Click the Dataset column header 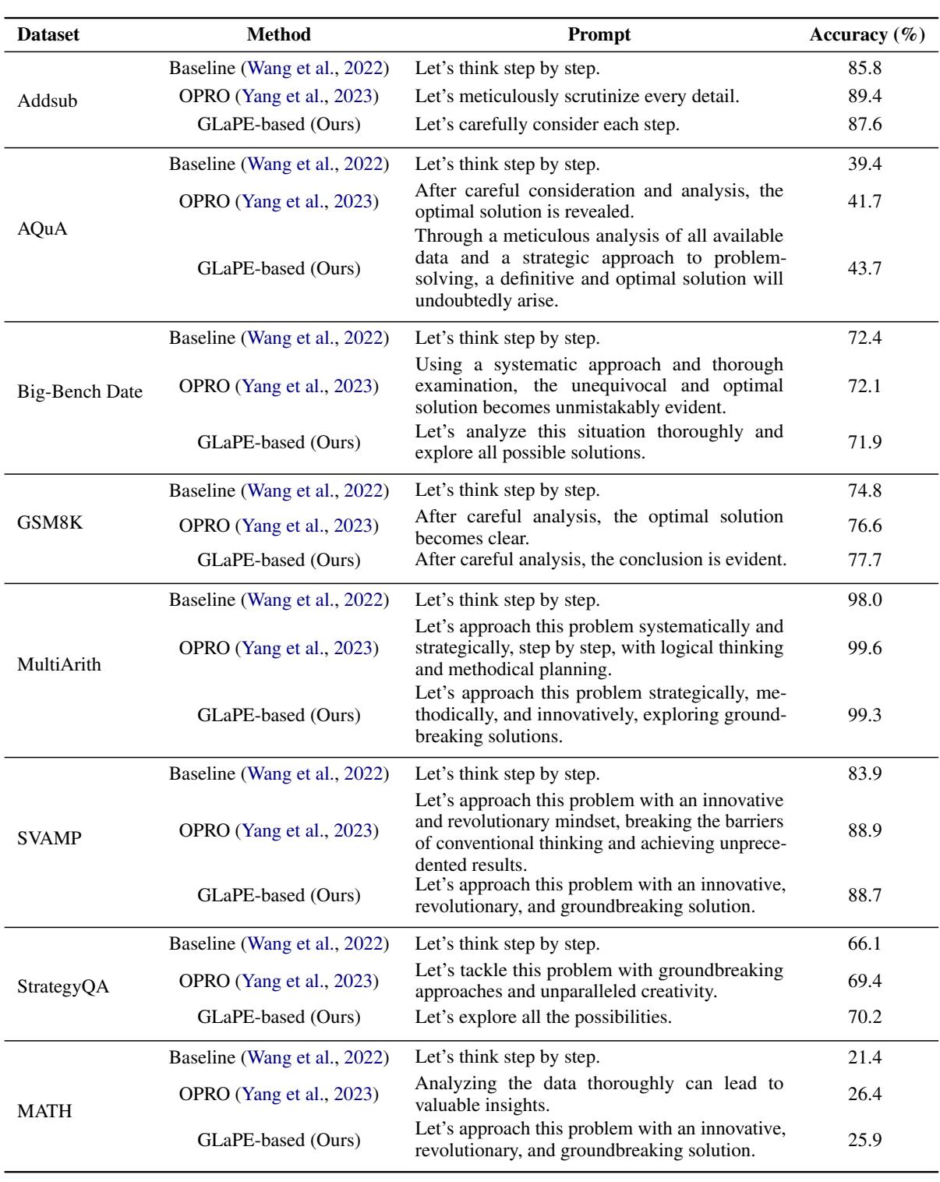pos(48,35)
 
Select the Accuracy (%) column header pos(863,35)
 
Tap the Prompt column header pos(599,35)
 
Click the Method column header pos(278,35)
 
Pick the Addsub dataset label pos(49,101)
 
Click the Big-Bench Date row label pos(80,391)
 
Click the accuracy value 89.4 pos(864,97)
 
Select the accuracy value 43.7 pos(864,269)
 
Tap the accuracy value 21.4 pos(864,1058)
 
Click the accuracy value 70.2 pos(864,1017)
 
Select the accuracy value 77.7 pos(864,560)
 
